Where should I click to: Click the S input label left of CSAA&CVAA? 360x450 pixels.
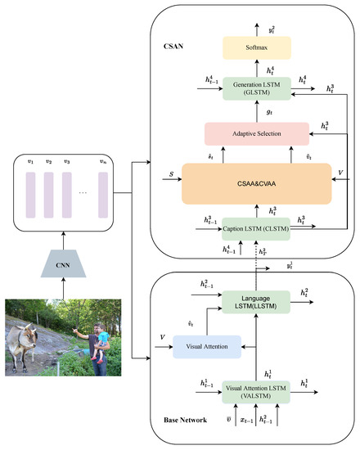point(169,173)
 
